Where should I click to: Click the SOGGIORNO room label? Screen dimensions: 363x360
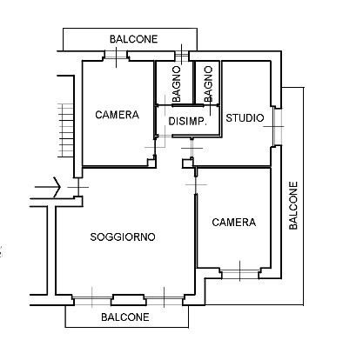coord(123,237)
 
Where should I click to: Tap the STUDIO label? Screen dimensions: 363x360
coord(245,118)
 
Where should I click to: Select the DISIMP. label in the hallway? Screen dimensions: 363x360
coord(187,121)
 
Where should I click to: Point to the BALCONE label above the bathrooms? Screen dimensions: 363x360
coord(133,39)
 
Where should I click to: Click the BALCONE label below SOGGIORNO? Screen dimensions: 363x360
coord(125,317)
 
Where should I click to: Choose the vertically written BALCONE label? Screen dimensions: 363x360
coord(293,205)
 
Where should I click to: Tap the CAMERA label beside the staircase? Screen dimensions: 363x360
coord(117,115)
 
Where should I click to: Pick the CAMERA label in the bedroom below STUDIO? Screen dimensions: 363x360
coord(234,223)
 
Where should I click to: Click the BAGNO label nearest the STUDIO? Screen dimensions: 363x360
coord(208,83)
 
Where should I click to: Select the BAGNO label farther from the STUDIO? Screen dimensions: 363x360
coord(176,83)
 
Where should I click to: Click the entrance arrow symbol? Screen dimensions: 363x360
coord(48,187)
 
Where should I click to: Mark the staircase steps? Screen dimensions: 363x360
coord(65,130)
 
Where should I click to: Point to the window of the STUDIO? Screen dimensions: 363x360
coord(278,127)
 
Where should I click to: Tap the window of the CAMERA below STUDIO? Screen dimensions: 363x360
coord(239,274)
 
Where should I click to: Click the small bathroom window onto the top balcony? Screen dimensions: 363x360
coord(182,56)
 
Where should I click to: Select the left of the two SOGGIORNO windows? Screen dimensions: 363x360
coord(92,301)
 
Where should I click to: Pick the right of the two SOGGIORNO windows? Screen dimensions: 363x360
coord(165,301)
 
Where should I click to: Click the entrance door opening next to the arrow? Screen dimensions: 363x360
coord(77,187)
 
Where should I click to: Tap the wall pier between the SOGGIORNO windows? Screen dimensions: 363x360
coord(128,300)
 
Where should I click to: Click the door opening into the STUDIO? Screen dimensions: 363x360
coord(192,148)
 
